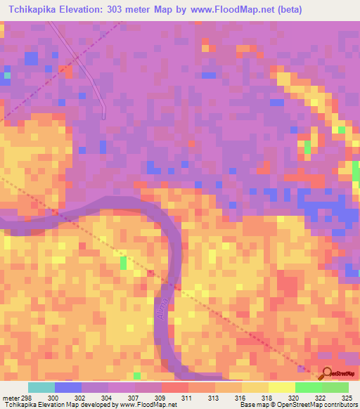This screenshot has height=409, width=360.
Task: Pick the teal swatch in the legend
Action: tap(41, 387)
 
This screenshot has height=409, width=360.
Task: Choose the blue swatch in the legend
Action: tap(68, 387)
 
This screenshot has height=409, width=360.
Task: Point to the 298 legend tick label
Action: tap(25, 397)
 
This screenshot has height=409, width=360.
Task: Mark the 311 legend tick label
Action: tap(187, 397)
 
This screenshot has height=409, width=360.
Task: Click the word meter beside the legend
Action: tap(10, 397)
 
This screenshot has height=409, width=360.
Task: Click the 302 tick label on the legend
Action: tap(80, 397)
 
